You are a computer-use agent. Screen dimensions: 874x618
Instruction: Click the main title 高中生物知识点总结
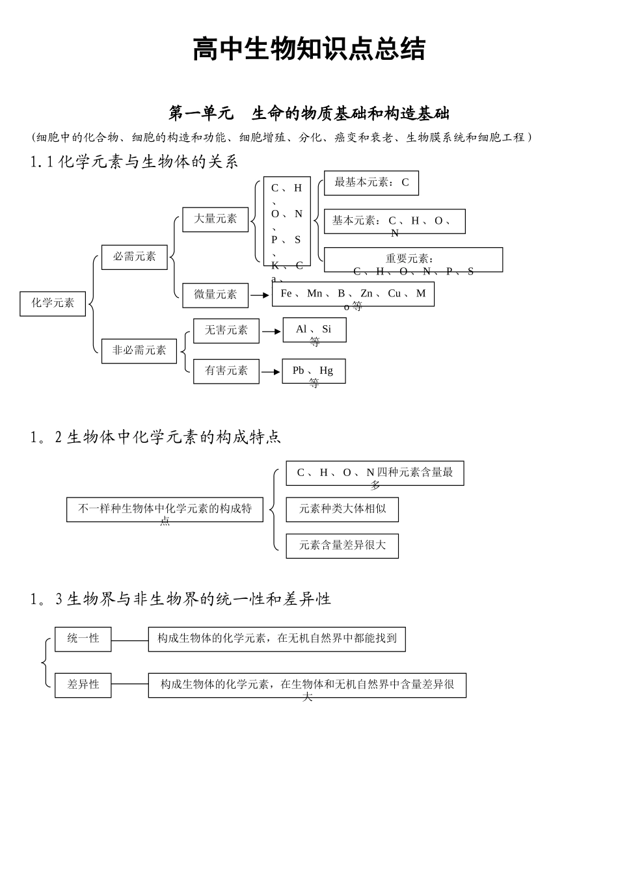[309, 49]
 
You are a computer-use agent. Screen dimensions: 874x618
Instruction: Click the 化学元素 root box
[53, 303]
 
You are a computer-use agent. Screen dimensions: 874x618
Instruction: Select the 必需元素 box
[135, 257]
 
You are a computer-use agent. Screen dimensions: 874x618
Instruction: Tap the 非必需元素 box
[139, 351]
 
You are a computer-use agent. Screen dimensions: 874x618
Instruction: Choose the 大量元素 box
[215, 219]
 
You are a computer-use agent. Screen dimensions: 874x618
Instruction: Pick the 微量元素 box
[215, 295]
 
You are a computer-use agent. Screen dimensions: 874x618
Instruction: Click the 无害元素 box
[226, 330]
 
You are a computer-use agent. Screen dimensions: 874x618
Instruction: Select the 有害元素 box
[226, 371]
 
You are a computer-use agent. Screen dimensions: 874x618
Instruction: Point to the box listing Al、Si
[314, 330]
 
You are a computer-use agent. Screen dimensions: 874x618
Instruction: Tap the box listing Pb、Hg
[314, 371]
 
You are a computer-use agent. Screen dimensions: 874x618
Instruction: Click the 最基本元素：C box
[371, 183]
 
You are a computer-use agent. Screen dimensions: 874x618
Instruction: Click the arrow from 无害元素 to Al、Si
[271, 331]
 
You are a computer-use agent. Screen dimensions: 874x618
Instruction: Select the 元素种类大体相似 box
[342, 509]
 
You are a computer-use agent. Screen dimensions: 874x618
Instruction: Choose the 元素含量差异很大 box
[342, 546]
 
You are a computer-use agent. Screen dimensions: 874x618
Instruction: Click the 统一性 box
[83, 639]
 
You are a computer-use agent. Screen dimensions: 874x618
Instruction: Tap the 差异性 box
[83, 685]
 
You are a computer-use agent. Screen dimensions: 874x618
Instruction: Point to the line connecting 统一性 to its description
[129, 640]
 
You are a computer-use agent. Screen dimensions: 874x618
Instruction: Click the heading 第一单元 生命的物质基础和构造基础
[309, 113]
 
